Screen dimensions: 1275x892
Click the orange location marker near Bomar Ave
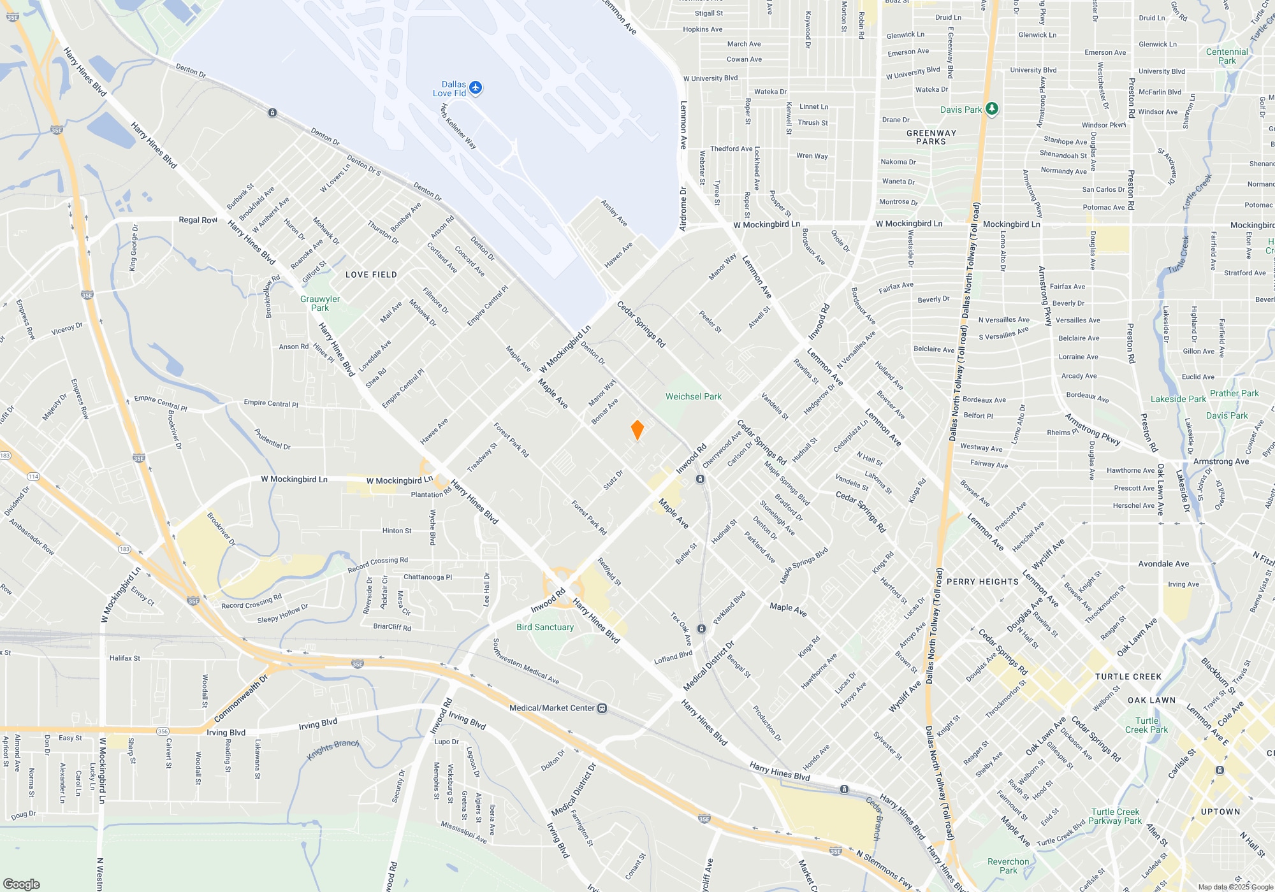pyautogui.click(x=637, y=430)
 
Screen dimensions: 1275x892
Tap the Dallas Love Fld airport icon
pyautogui.click(x=476, y=88)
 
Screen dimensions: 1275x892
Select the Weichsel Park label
pyautogui.click(x=693, y=396)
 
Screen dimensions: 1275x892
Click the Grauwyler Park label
pyautogui.click(x=320, y=303)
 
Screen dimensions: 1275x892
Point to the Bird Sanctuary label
pyautogui.click(x=545, y=627)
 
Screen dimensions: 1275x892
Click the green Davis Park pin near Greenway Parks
pyautogui.click(x=991, y=109)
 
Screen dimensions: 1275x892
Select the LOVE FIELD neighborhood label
pyautogui.click(x=371, y=275)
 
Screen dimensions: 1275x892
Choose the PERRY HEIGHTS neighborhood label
pyautogui.click(x=982, y=582)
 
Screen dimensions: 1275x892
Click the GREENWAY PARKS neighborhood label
pyautogui.click(x=931, y=137)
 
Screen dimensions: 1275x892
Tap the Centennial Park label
pyautogui.click(x=1227, y=56)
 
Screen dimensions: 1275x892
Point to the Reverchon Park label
pyautogui.click(x=1008, y=866)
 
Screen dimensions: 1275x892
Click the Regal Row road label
pyautogui.click(x=198, y=220)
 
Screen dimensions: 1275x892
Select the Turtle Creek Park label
pyautogui.click(x=1146, y=725)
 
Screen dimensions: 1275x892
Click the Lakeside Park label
pyautogui.click(x=1178, y=399)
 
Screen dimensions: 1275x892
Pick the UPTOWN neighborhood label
pyautogui.click(x=1220, y=812)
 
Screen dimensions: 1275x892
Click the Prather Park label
pyautogui.click(x=1234, y=393)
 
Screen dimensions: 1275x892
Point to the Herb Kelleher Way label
pyautogui.click(x=458, y=126)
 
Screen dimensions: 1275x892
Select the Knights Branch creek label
pyautogui.click(x=333, y=750)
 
